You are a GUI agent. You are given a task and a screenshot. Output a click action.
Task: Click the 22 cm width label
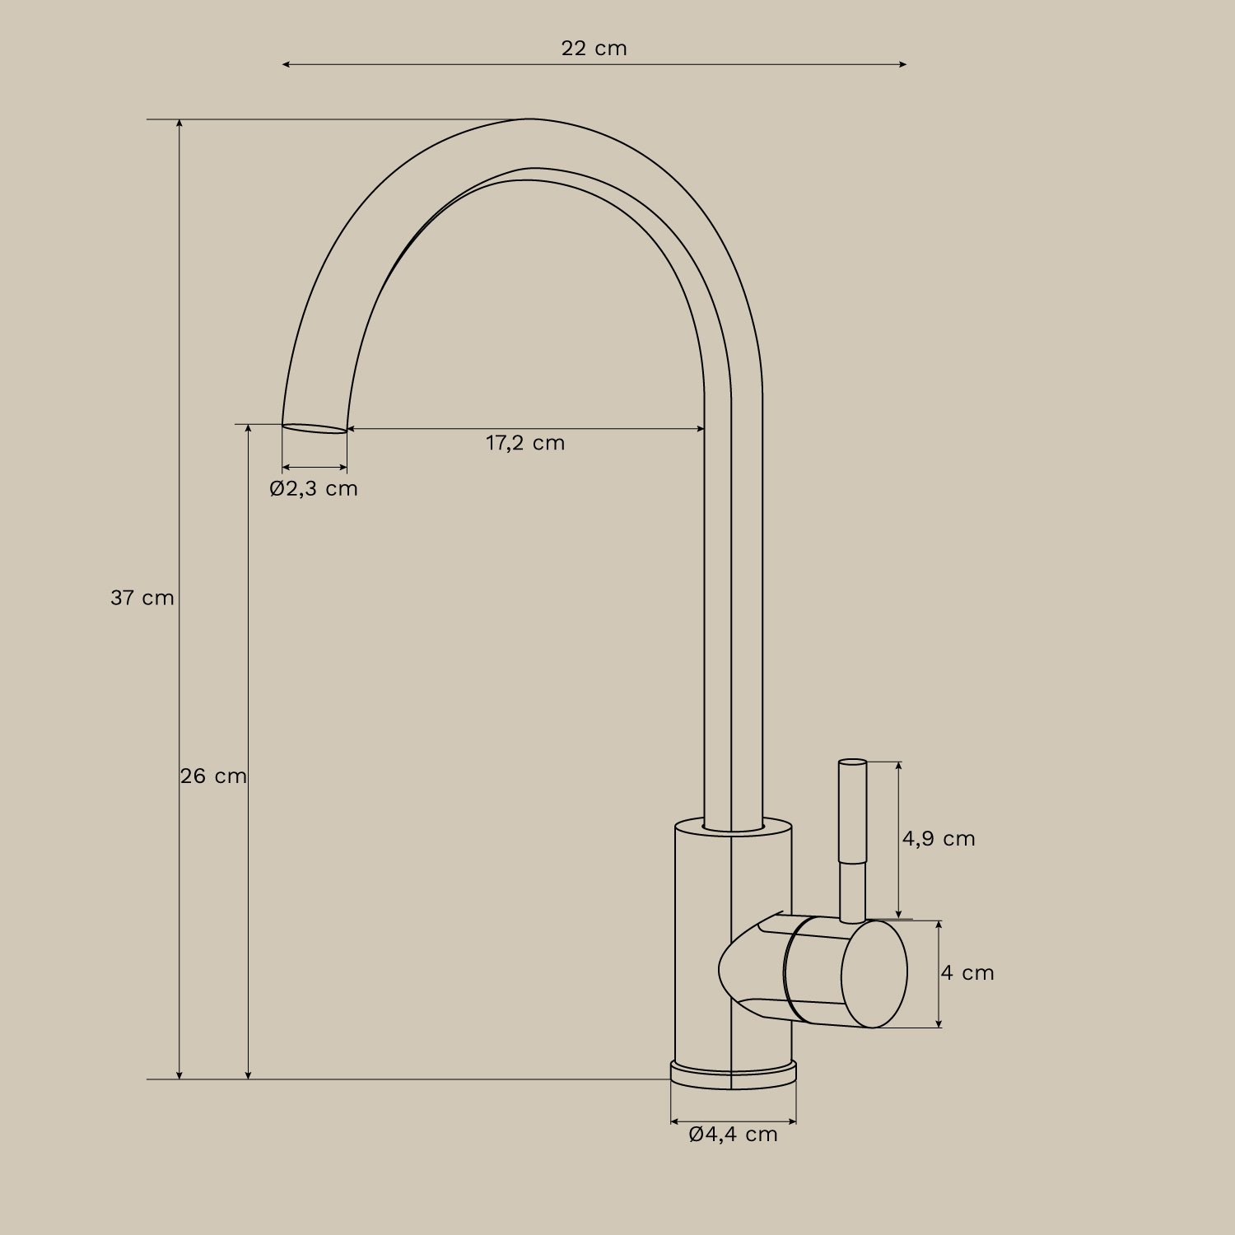pos(594,49)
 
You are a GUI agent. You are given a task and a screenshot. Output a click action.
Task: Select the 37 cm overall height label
pos(142,598)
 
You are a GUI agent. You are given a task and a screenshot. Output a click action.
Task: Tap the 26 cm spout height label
pos(213,776)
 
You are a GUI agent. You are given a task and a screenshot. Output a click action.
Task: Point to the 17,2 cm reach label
pos(525,443)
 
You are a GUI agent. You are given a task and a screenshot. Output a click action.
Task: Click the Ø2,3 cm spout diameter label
pos(314,488)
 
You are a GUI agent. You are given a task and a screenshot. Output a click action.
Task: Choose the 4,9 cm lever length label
pos(938,839)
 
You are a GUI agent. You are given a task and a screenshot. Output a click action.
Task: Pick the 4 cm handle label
pos(967,973)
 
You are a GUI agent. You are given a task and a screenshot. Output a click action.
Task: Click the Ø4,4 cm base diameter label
pos(733,1135)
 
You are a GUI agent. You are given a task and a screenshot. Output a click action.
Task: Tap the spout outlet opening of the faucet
pos(315,428)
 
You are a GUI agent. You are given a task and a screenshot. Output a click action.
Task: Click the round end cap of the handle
pos(874,974)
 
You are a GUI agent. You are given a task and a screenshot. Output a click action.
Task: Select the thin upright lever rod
pos(852,840)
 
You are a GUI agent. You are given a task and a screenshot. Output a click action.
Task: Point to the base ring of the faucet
pos(733,1075)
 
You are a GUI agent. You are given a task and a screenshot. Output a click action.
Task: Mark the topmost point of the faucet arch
pos(531,119)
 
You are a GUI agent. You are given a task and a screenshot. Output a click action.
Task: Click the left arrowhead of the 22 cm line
pos(286,64)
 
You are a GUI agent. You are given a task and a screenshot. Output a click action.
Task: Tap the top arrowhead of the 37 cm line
pos(179,123)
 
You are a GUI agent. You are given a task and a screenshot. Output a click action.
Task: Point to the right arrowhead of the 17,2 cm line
pos(701,429)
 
